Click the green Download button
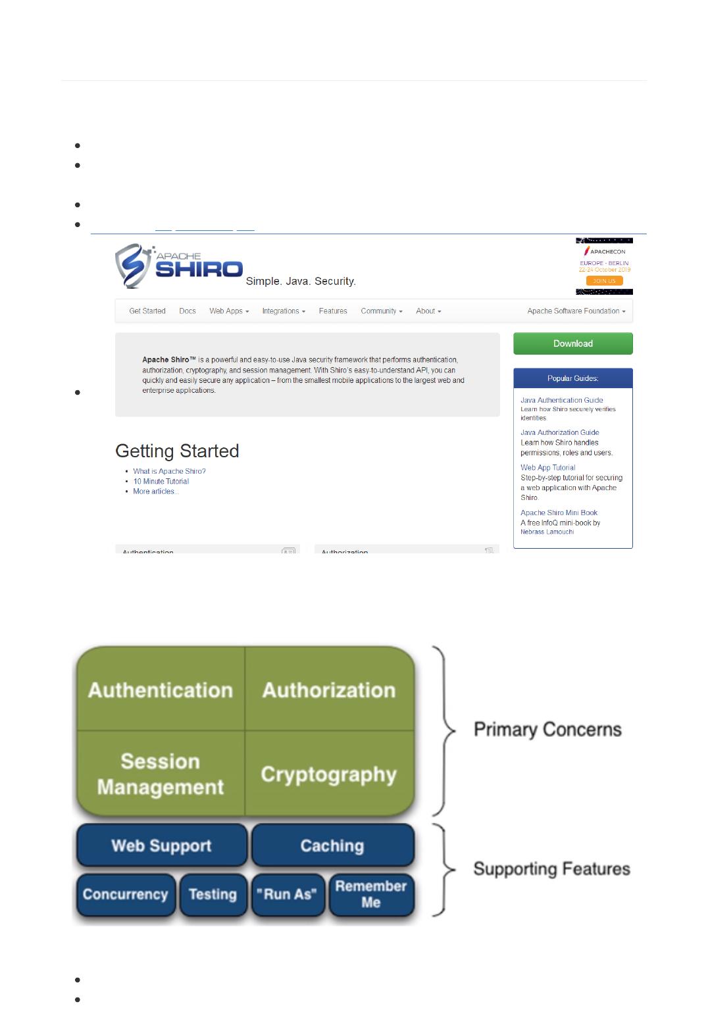tap(572, 343)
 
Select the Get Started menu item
tap(147, 311)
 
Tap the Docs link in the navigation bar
tap(188, 311)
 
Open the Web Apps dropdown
tap(229, 311)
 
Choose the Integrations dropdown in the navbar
tap(284, 311)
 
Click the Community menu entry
tap(382, 311)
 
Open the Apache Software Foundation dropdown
tap(576, 311)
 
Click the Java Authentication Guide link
tap(561, 400)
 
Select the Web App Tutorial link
tap(547, 468)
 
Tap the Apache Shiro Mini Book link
tap(559, 513)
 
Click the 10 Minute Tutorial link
tap(161, 481)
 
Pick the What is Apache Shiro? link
tap(169, 471)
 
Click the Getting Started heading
tap(177, 451)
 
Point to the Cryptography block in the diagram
tap(329, 774)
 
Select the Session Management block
tap(161, 774)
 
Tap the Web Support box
tap(161, 845)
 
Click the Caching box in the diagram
tap(332, 845)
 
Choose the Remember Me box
tap(371, 894)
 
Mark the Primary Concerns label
tap(547, 730)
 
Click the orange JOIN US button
tap(604, 281)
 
